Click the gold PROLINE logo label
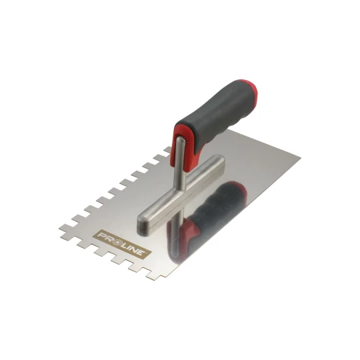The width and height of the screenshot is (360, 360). (122, 244)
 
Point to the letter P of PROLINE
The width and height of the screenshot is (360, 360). (101, 235)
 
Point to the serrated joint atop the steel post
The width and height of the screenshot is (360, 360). (181, 141)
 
